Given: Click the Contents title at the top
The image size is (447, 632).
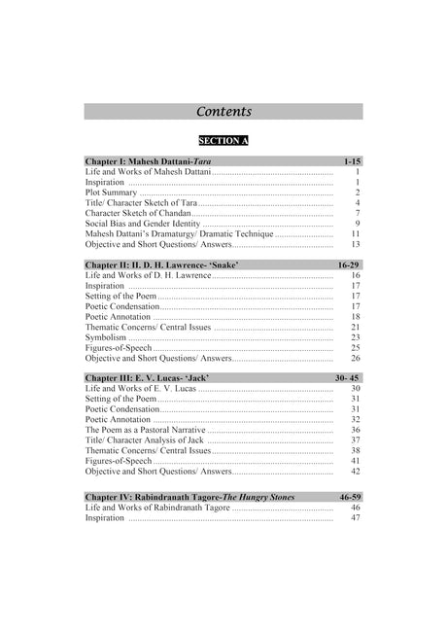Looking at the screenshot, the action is click(223, 112).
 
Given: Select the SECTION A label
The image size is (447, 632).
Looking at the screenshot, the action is click(223, 140).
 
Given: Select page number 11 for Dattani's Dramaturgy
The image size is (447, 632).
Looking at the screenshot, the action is click(356, 234).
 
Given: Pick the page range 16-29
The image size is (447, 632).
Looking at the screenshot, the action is click(349, 264).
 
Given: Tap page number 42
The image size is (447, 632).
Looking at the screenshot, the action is click(356, 472).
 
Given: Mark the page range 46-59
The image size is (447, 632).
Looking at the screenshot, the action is click(350, 497).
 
